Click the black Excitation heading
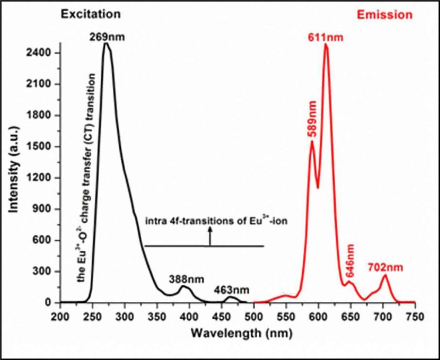pos(90,14)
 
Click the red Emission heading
pos(384,15)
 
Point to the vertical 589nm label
pos(312,119)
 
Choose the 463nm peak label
pos(232,291)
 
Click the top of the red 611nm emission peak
pos(326,45)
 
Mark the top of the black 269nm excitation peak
pos(106,44)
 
